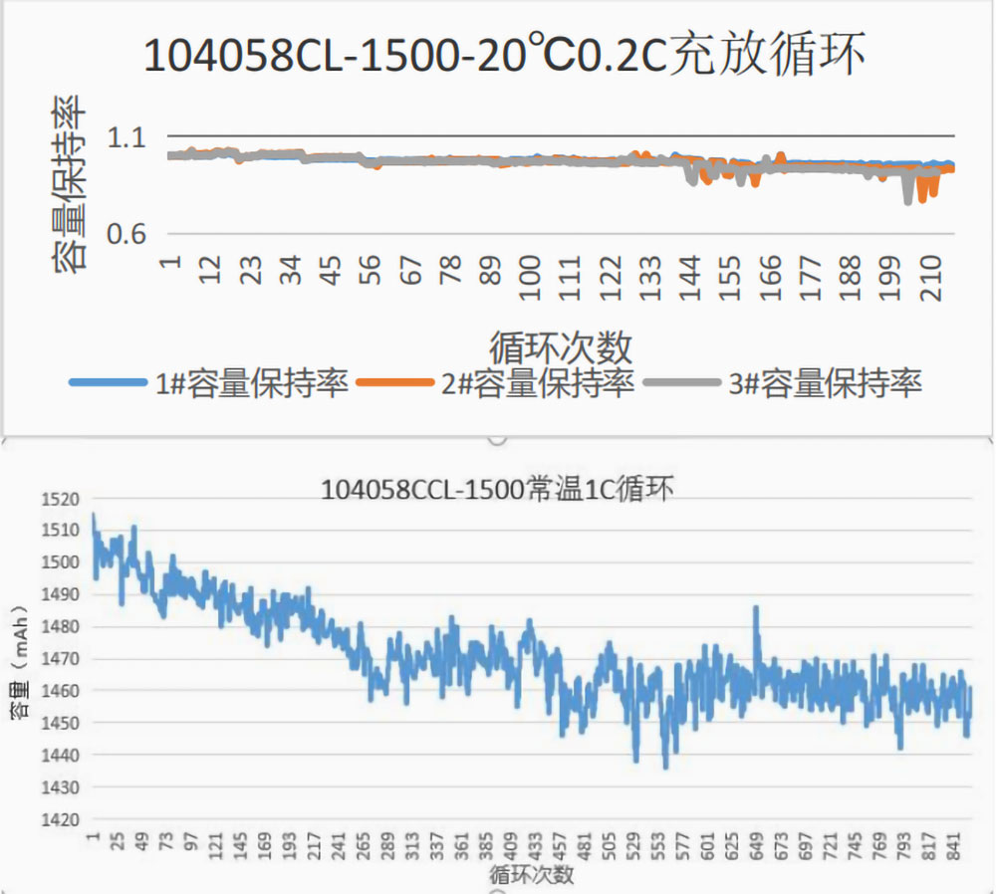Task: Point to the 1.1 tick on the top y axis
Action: [x=126, y=136]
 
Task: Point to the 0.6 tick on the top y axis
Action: [x=126, y=233]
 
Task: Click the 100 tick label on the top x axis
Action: [x=529, y=270]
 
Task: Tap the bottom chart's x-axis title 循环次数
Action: [x=531, y=875]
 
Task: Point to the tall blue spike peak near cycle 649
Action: [x=756, y=606]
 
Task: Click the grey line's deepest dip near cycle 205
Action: [x=907, y=202]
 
